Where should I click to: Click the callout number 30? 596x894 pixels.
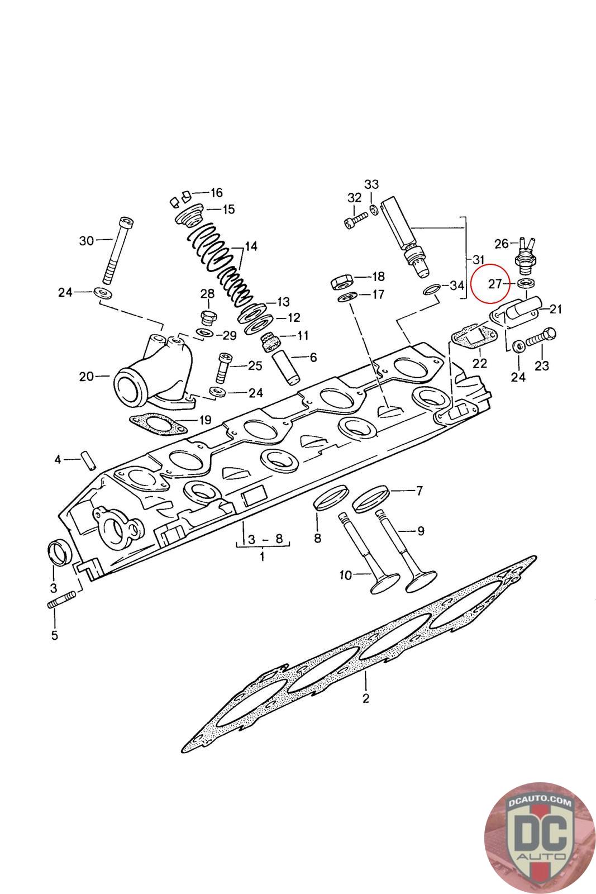(87, 241)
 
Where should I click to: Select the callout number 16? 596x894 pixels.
(216, 193)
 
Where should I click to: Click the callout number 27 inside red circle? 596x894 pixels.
(495, 284)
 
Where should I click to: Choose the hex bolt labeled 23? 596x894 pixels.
(541, 337)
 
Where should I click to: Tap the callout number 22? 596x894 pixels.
(480, 363)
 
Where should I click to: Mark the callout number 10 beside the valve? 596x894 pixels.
(345, 575)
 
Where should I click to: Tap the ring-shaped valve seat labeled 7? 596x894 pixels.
(371, 498)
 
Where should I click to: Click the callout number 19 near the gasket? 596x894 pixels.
(204, 420)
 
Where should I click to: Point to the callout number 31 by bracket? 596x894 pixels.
(478, 260)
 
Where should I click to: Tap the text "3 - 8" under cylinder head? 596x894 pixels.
(265, 539)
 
